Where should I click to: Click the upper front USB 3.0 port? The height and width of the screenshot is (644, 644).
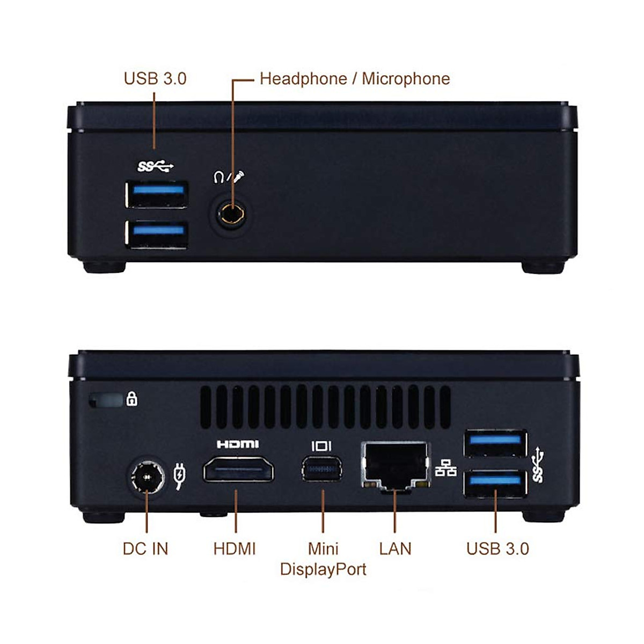(x=156, y=194)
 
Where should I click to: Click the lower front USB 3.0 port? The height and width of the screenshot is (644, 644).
(x=157, y=235)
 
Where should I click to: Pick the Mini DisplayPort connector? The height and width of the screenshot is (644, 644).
(x=321, y=469)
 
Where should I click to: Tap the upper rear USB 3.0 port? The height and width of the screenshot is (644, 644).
(x=495, y=443)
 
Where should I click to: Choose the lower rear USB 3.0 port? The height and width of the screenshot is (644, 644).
(x=495, y=482)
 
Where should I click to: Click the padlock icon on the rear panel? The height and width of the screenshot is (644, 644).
(x=131, y=399)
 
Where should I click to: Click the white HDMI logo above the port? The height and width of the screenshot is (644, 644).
(x=238, y=444)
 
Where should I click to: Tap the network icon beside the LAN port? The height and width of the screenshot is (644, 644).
(x=445, y=468)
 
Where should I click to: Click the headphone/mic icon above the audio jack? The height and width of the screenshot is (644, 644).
(x=230, y=176)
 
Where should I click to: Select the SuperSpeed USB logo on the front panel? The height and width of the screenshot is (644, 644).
(x=156, y=167)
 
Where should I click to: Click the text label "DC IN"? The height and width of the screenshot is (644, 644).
(x=145, y=548)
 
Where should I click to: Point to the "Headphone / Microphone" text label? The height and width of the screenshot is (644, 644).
(x=355, y=79)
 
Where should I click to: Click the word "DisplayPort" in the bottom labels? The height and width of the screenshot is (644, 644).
(x=323, y=569)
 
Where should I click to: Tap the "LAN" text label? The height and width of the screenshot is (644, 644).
(x=395, y=548)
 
